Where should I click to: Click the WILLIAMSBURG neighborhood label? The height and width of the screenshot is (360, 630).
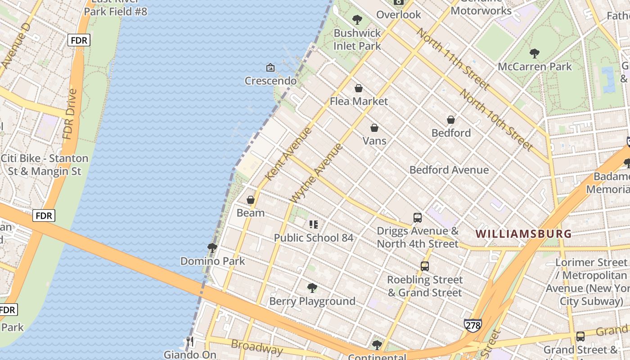pyautogui.click(x=523, y=234)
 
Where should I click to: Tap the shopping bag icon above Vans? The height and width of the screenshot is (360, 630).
pyautogui.click(x=374, y=128)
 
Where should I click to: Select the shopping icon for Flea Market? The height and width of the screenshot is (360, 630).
pyautogui.click(x=359, y=88)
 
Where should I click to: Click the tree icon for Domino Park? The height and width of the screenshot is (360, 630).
pyautogui.click(x=212, y=247)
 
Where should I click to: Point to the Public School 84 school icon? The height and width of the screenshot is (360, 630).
pyautogui.click(x=314, y=224)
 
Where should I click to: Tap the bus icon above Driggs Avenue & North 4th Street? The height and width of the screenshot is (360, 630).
pyautogui.click(x=418, y=218)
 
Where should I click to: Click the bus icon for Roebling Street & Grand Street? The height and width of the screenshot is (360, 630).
pyautogui.click(x=425, y=266)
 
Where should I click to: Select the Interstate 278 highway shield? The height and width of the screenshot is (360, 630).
pyautogui.click(x=473, y=325)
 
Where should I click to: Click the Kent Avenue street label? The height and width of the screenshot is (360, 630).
pyautogui.click(x=288, y=154)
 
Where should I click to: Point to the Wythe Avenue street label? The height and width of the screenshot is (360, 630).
pyautogui.click(x=317, y=173)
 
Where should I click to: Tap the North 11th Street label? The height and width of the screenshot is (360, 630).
pyautogui.click(x=453, y=58)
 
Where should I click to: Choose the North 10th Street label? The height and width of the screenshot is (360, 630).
pyautogui.click(x=496, y=119)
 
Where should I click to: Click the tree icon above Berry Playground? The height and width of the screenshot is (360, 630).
pyautogui.click(x=312, y=288)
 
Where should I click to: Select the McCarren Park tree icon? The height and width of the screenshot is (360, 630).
pyautogui.click(x=535, y=54)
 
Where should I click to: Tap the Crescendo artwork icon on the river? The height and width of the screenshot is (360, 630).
pyautogui.click(x=270, y=67)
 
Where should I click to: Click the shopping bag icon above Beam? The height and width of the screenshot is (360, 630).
pyautogui.click(x=251, y=199)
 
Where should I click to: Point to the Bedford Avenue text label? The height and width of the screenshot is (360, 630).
pyautogui.click(x=449, y=170)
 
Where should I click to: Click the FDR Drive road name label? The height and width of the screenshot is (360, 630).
pyautogui.click(x=70, y=114)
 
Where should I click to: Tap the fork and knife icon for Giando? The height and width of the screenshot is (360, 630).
pyautogui.click(x=190, y=342)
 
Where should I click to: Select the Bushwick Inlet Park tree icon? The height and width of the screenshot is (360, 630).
pyautogui.click(x=357, y=20)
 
